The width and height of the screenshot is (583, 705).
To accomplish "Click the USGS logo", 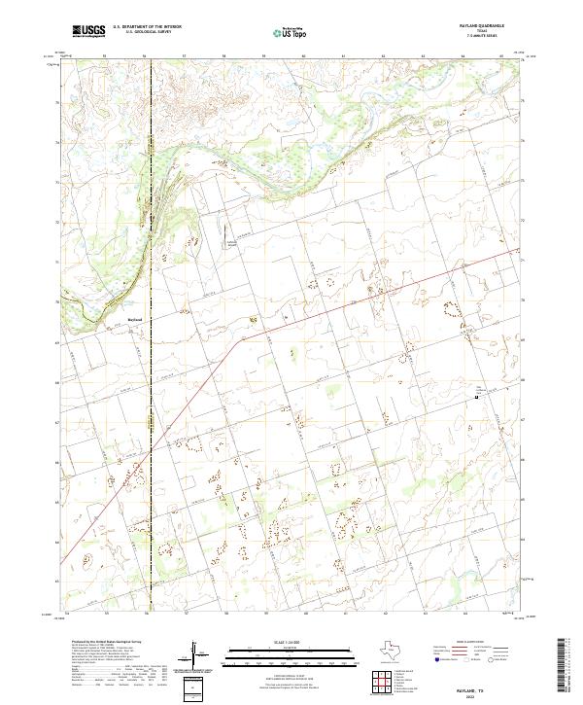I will [88, 31].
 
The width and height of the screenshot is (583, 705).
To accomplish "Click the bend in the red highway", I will [234, 341].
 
